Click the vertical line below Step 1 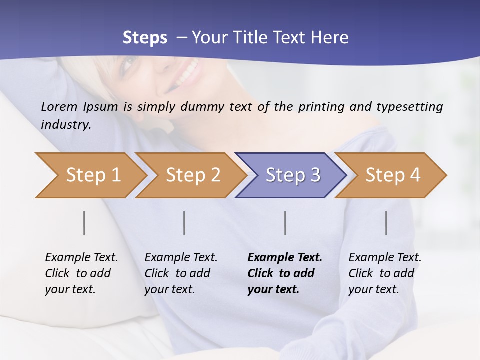84,223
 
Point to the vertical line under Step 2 184,223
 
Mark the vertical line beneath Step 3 285,223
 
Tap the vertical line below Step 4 386,223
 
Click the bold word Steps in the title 145,38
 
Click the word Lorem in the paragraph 59,106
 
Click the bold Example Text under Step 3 285,258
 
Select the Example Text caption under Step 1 81,258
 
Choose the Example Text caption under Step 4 385,258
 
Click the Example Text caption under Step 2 181,258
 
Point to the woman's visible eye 129,62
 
